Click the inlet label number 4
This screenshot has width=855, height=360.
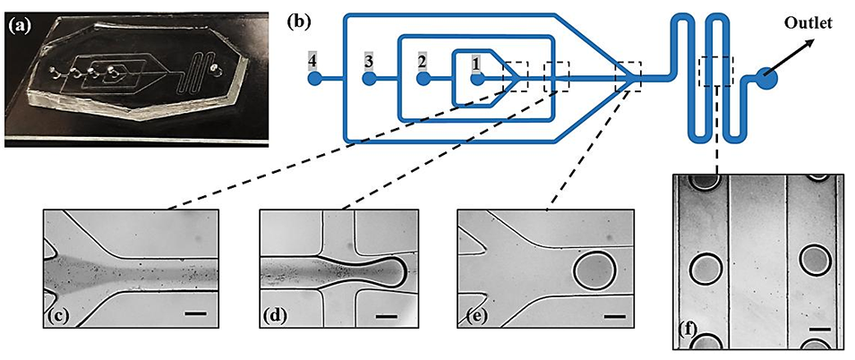(x=312, y=61)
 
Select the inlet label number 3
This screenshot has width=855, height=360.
(x=367, y=61)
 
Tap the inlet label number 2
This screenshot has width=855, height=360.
(x=422, y=62)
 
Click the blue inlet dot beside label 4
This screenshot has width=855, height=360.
(x=314, y=79)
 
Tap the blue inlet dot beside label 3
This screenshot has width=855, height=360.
(x=368, y=79)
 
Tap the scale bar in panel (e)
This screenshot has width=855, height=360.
(x=613, y=315)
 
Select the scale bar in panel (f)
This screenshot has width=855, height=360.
(x=818, y=330)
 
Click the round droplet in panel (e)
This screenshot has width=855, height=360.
(x=594, y=268)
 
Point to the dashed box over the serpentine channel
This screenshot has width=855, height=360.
(x=719, y=71)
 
